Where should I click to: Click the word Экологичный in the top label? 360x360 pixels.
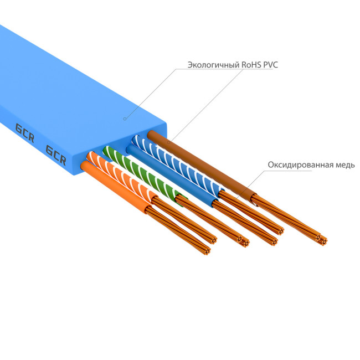click(213, 65)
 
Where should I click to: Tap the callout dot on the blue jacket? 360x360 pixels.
click(125, 118)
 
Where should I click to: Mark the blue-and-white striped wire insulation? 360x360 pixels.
click(166, 161)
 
